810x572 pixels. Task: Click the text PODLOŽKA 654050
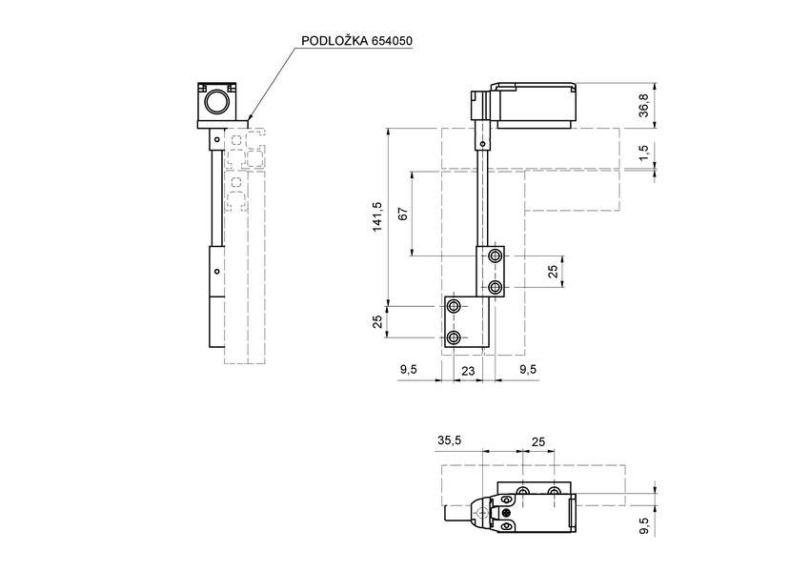[x=356, y=41]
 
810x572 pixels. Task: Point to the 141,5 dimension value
[x=377, y=216]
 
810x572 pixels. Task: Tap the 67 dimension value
[x=402, y=214]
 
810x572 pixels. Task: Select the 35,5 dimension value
[x=450, y=440]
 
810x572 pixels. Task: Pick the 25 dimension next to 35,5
[x=538, y=440]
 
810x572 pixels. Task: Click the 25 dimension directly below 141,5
[x=377, y=323]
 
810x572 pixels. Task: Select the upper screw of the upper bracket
[x=495, y=257]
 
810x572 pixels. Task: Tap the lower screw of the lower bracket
[x=455, y=338]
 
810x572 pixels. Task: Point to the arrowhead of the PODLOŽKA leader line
[x=250, y=119]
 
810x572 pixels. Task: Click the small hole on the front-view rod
[x=484, y=145]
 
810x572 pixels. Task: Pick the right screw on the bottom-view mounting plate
[x=555, y=491]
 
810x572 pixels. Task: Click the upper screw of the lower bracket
[x=455, y=306]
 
